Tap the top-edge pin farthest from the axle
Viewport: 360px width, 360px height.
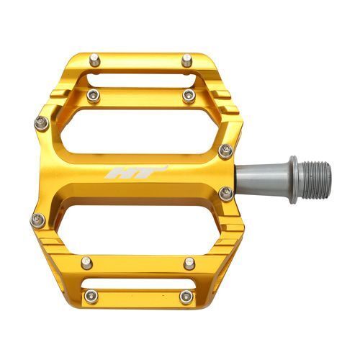click(94, 60)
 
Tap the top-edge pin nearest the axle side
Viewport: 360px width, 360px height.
click(186, 61)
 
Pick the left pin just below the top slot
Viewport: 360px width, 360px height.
click(93, 95)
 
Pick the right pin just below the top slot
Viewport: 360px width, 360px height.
click(189, 96)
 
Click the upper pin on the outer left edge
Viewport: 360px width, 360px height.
click(41, 123)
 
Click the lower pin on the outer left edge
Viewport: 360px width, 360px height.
click(38, 220)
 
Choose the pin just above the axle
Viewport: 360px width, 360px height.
click(226, 150)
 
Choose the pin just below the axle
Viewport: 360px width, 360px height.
click(226, 193)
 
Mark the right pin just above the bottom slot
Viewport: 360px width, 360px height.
click(189, 263)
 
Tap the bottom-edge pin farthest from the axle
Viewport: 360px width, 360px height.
click(91, 296)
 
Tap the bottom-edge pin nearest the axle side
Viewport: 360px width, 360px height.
click(186, 296)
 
